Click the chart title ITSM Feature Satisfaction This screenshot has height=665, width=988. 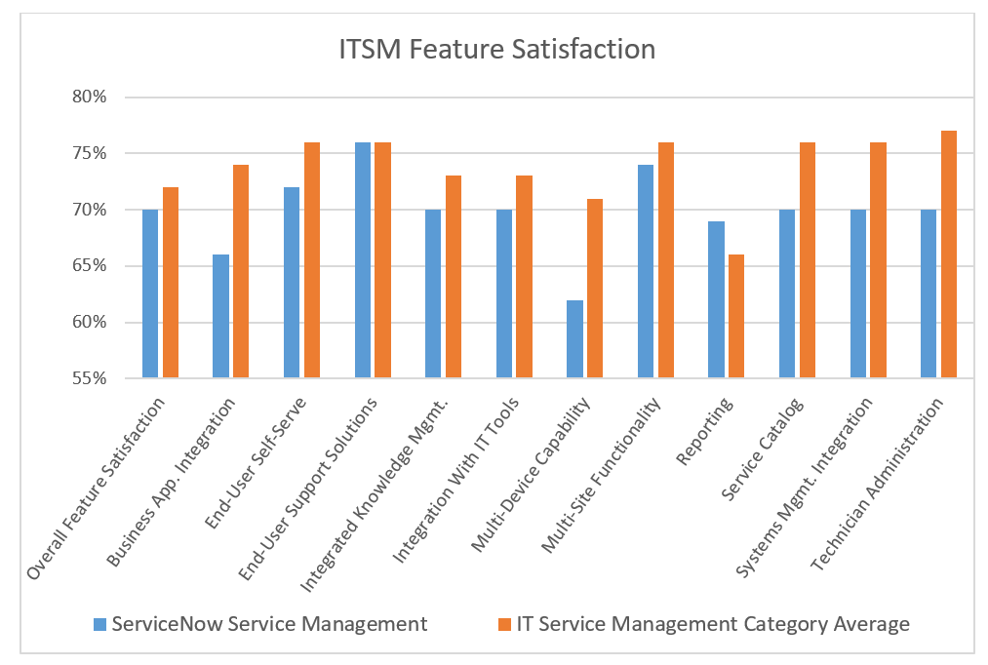coord(496,50)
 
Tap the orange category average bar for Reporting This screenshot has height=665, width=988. coord(736,316)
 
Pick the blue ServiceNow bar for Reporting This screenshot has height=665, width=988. coord(716,299)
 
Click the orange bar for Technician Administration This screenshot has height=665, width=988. coord(948,254)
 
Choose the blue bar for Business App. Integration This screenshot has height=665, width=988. coord(220,316)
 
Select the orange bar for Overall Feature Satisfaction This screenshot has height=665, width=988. coord(171,282)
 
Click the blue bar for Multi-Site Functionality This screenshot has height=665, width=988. coord(646,271)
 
